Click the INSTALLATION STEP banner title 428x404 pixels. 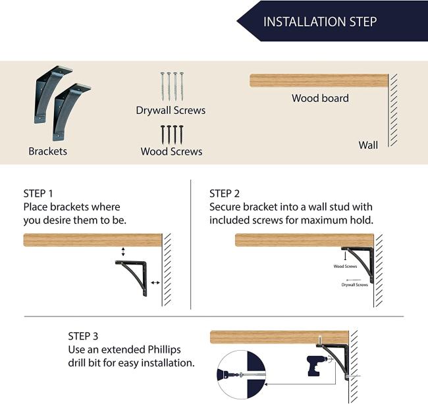320,22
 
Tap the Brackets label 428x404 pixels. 48,151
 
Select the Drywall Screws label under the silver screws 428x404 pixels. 171,110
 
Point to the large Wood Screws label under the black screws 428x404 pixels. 171,151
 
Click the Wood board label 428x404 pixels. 320,98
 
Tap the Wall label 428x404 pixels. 368,145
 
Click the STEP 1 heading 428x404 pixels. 38,193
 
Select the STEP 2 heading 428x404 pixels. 225,193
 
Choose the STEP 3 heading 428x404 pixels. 83,336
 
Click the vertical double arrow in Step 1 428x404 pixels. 123,252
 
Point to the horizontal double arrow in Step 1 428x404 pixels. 155,283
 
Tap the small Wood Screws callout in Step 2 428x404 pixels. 345,266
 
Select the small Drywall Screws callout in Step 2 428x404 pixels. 354,284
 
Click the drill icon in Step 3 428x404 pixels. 316,366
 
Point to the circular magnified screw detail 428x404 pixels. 241,375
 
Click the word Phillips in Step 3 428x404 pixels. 164,349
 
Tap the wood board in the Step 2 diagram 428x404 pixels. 304,240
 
